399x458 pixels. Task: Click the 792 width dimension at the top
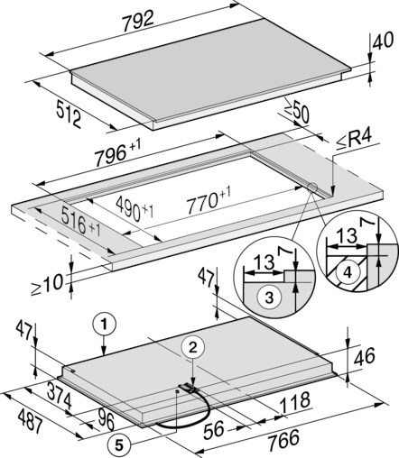[138, 21]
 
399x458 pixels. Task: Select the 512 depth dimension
[69, 114]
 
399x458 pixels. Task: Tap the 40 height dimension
[383, 41]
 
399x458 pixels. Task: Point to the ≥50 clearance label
[296, 111]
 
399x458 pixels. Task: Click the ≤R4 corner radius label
[354, 141]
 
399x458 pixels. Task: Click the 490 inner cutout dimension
[135, 208]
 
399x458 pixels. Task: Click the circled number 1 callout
[104, 325]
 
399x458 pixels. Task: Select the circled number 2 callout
[192, 347]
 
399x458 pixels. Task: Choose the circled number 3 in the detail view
[269, 298]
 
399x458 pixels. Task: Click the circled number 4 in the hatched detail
[348, 272]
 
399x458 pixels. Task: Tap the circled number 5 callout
[119, 445]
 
